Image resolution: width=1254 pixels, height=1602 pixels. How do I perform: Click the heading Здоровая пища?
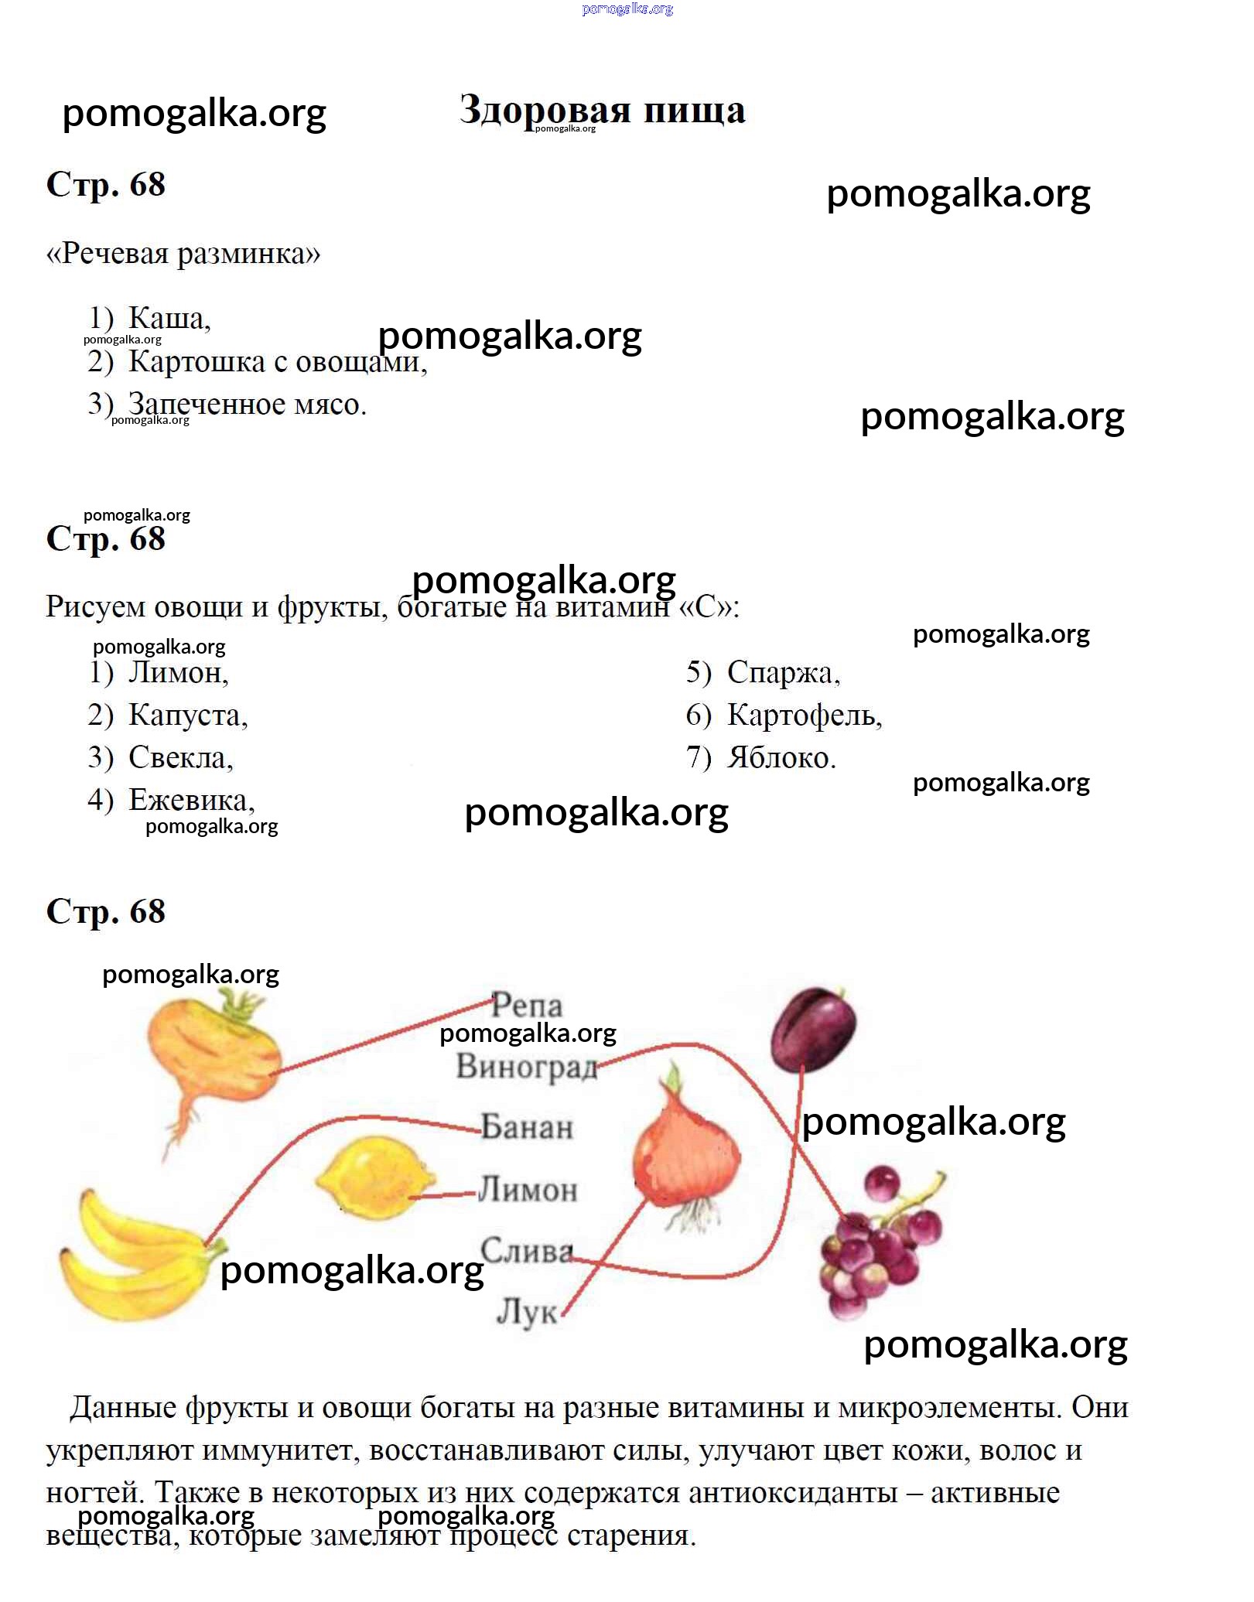[602, 110]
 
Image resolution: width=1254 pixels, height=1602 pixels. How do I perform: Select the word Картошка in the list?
[196, 361]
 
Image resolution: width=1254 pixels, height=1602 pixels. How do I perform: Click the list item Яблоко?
[781, 757]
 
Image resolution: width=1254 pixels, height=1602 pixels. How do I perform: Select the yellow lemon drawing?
[375, 1177]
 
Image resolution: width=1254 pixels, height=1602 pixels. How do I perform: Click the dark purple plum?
[814, 1030]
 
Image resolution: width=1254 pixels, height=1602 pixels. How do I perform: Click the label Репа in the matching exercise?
[527, 1006]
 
